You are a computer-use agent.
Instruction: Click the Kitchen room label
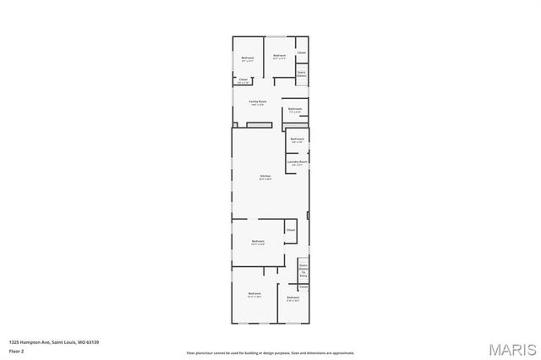coord(265,176)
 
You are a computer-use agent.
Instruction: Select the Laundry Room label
coord(297,161)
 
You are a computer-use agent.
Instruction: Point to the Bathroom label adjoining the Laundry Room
coord(297,139)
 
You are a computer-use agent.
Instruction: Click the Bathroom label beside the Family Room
coord(295,108)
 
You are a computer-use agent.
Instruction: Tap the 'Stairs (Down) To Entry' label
coord(303,270)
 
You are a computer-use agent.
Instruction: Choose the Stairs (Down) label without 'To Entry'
coord(301,74)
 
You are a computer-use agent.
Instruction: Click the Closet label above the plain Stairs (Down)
coord(301,53)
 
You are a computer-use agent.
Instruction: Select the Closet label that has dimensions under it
coord(243,79)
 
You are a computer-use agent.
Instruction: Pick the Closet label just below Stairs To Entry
coord(303,286)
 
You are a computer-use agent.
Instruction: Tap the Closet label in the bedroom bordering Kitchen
coord(290,230)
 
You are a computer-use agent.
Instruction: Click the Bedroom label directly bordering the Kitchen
coord(258,241)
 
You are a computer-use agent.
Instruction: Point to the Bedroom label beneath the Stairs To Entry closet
coord(292,297)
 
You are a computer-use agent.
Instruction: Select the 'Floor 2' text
coord(17,350)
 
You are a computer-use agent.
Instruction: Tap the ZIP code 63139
coord(93,342)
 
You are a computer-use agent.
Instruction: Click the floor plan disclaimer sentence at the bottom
coord(270,352)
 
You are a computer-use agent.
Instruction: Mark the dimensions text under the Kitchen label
coord(265,179)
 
